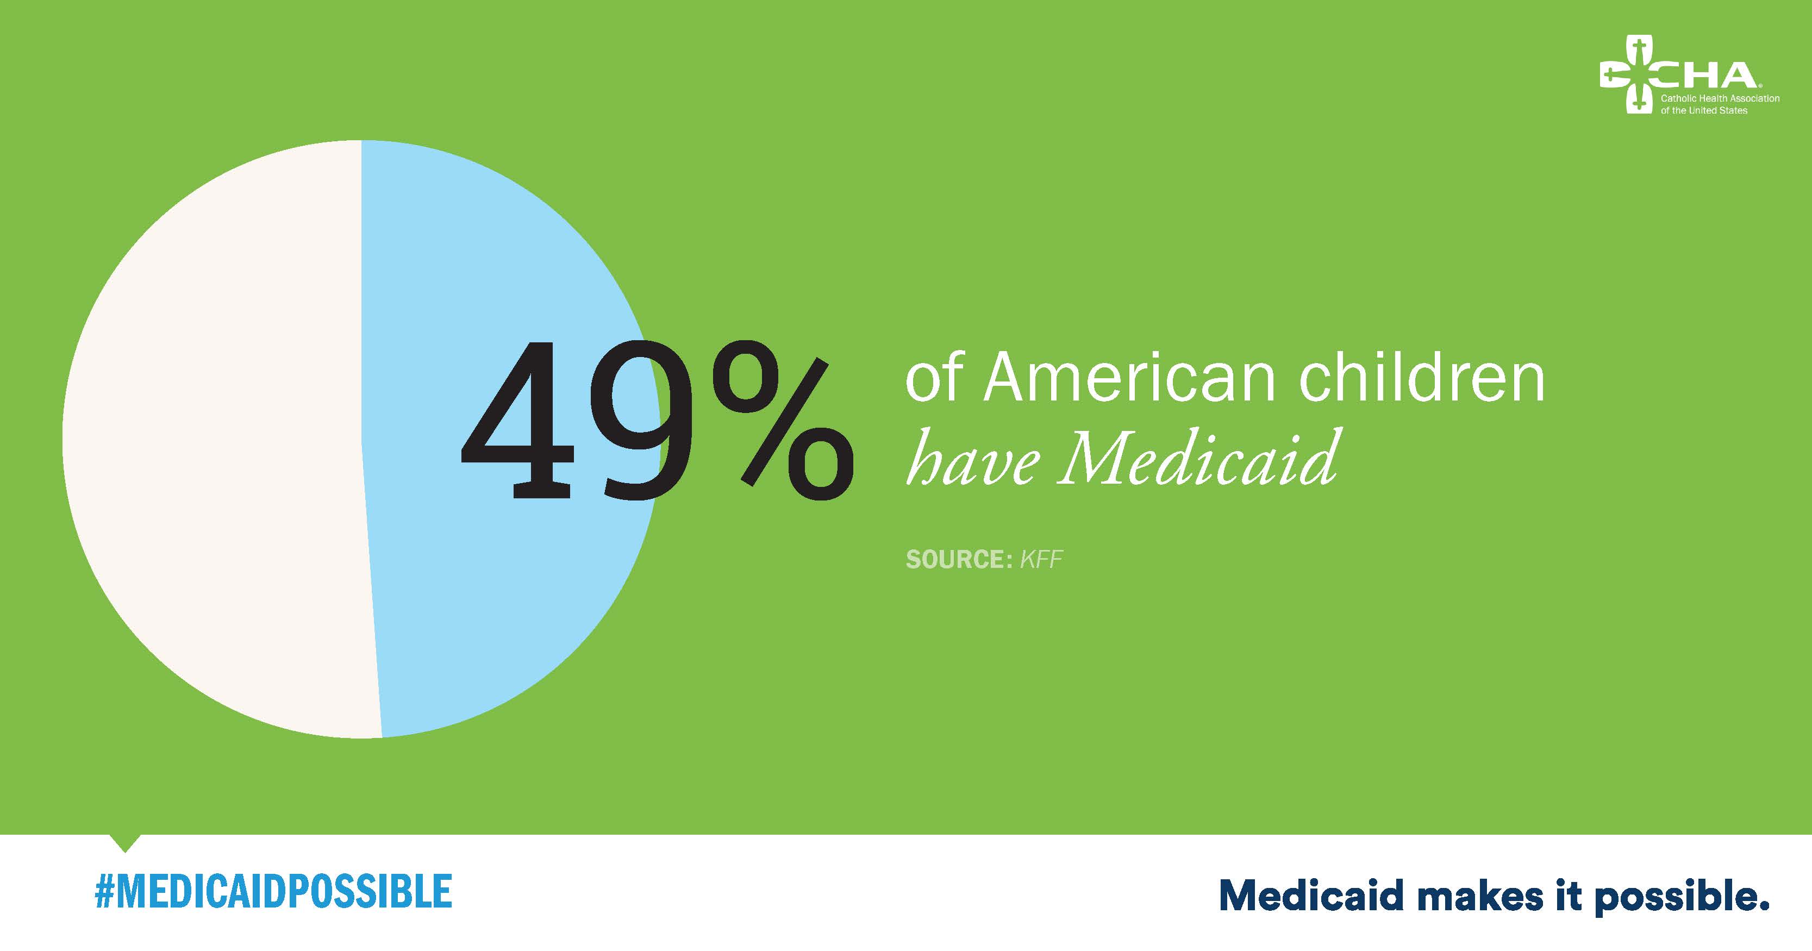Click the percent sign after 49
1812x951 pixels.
coord(781,422)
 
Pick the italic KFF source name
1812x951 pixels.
coord(1041,559)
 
